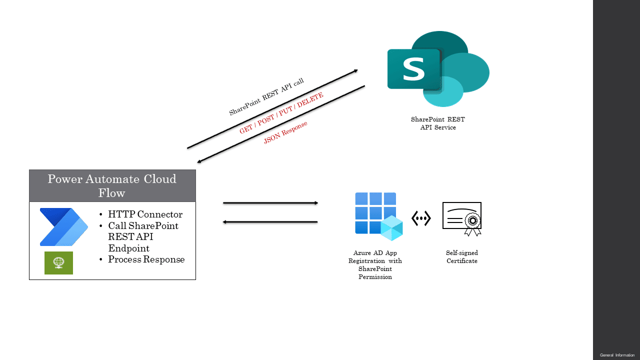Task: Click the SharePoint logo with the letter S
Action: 438,69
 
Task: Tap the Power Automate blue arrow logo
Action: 63,227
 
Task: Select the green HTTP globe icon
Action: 58,263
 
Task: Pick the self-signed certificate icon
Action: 461,219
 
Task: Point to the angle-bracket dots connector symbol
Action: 421,218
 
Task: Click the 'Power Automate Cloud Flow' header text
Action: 112,185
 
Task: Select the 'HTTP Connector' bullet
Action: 145,214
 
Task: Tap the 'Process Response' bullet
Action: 146,259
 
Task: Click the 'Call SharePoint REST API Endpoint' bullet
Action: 143,237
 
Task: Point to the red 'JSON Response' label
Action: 285,132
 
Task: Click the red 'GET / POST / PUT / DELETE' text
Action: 281,113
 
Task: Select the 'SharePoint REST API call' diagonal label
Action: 266,97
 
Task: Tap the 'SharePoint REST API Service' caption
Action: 438,123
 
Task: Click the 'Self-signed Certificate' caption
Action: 462,257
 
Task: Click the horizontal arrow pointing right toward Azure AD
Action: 270,203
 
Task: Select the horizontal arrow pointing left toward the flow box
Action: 270,221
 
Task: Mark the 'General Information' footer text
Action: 617,355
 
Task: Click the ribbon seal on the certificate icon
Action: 473,225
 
